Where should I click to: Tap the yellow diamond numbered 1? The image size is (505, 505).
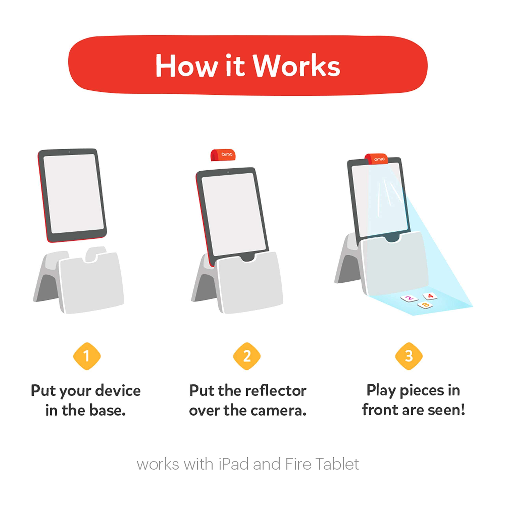[x=87, y=356]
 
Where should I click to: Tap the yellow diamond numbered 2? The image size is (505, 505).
[x=247, y=356]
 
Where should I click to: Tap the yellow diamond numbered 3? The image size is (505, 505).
[x=409, y=356]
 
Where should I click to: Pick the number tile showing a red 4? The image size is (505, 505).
[x=430, y=296]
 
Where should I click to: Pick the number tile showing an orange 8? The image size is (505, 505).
[x=425, y=305]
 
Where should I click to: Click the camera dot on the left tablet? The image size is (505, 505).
[x=69, y=152]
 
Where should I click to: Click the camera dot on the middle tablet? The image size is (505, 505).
[x=228, y=172]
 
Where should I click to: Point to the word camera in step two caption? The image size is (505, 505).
[x=280, y=411]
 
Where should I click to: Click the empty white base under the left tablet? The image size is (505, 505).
[x=92, y=285]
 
